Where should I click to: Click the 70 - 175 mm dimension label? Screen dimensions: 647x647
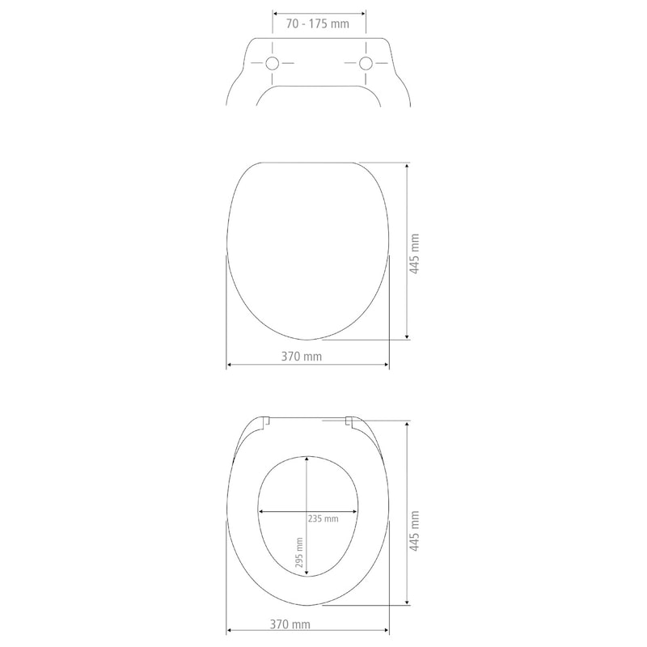tap(318, 24)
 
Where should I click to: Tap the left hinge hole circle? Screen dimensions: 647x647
tap(273, 64)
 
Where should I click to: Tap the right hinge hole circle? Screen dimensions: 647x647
tap(366, 64)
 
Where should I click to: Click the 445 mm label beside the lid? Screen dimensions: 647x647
tap(414, 255)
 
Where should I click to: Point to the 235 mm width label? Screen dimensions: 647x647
tap(323, 519)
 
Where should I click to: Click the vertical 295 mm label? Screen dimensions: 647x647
tap(299, 553)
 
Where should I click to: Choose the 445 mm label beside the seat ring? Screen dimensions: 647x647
tap(414, 531)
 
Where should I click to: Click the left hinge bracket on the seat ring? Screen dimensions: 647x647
tap(266, 420)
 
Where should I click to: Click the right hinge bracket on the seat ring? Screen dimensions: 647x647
tap(349, 421)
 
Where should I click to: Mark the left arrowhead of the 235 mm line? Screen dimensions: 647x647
tap(261, 511)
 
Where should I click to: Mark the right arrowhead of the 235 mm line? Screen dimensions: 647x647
tap(356, 511)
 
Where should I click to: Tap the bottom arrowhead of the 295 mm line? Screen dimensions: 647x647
tap(307, 576)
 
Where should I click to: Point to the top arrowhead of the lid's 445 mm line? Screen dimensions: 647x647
tap(406, 166)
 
